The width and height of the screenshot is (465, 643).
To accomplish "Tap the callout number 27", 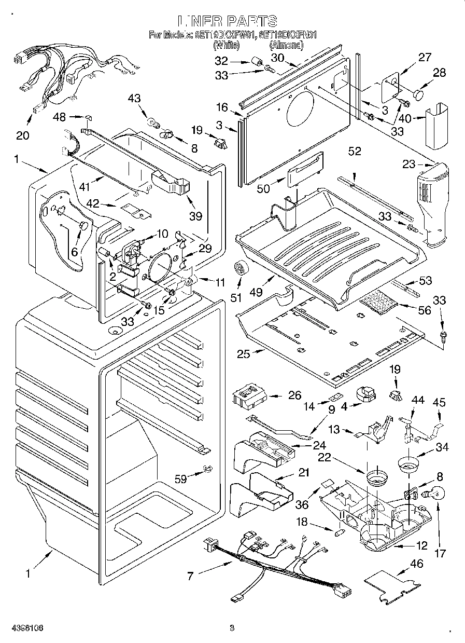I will click(x=425, y=58).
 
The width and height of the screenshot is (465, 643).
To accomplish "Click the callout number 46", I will click(x=416, y=564).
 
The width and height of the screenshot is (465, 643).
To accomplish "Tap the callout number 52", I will click(x=355, y=152).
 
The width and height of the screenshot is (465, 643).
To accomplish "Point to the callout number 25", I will click(x=244, y=354).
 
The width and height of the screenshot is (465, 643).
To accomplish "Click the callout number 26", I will click(x=294, y=395).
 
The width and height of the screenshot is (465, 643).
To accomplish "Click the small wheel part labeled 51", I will click(x=240, y=268).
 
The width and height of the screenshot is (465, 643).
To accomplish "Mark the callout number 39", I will click(x=195, y=216).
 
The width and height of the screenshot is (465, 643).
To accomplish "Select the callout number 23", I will click(x=409, y=165).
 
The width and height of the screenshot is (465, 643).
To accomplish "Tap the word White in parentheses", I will click(x=227, y=46).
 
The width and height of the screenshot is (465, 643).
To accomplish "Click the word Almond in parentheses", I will click(x=286, y=46).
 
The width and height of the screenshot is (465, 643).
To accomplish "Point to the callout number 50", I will click(x=263, y=188).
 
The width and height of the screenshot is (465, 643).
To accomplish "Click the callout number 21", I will click(x=303, y=472).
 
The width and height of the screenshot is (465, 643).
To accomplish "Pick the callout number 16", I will click(x=222, y=107).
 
